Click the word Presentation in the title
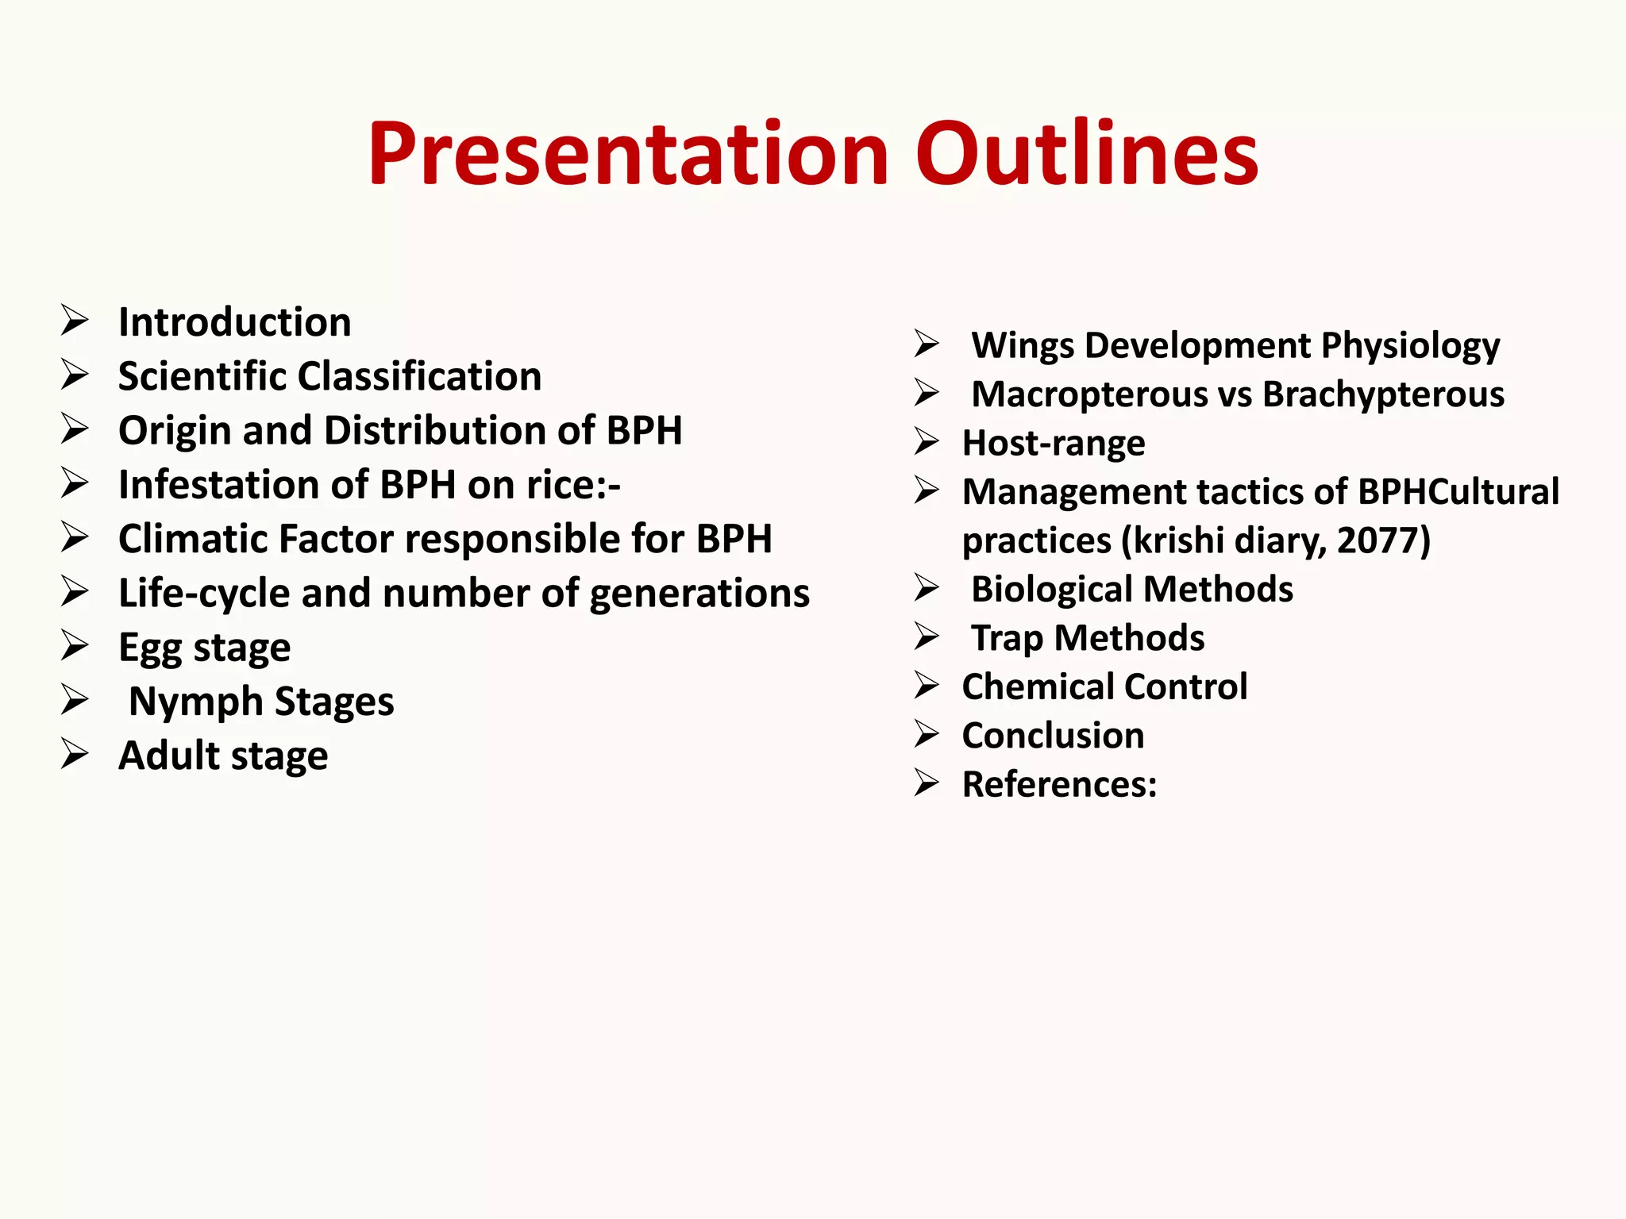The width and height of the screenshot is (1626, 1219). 627,155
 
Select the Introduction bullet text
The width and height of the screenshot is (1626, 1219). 234,322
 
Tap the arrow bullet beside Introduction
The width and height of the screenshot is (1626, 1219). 75,321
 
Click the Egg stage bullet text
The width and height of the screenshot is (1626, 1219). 204,648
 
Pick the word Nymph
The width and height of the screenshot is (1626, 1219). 195,702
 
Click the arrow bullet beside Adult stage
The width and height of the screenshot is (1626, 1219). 75,754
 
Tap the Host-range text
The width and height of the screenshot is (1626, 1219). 1053,444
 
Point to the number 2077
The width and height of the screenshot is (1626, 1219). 1382,540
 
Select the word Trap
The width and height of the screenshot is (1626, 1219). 1007,639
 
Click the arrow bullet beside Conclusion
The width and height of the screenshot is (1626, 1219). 927,734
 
